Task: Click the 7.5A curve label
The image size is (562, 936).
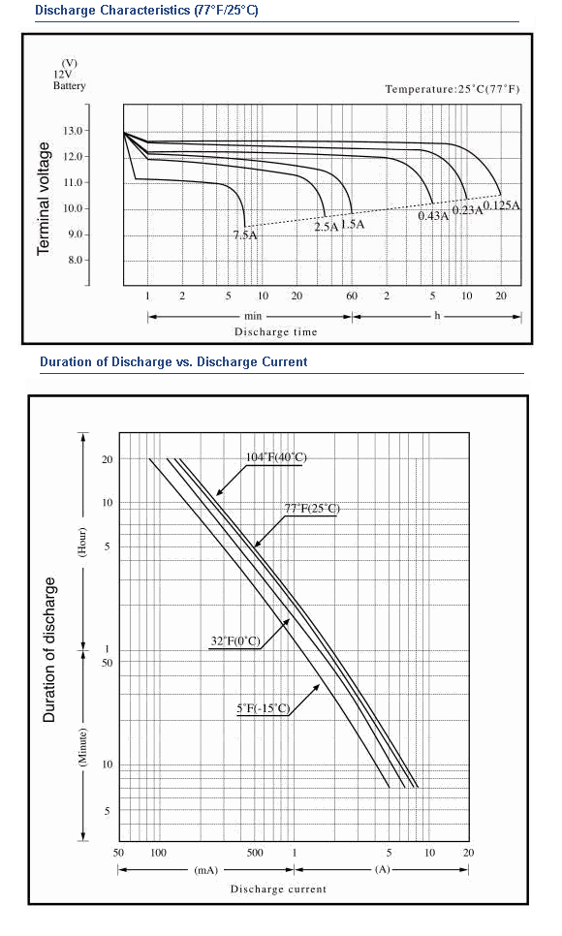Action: point(245,234)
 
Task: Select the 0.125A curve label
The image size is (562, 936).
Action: point(501,205)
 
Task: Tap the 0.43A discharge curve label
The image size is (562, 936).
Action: point(433,215)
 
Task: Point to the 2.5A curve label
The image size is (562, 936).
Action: point(327,227)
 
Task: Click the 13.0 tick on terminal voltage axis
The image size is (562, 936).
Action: point(80,130)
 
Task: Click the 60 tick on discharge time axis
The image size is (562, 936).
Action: point(352,296)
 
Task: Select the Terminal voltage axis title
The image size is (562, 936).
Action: point(43,199)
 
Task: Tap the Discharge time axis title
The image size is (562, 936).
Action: point(275,332)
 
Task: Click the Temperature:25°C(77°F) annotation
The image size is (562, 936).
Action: point(453,89)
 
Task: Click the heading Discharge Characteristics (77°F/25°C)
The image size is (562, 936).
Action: point(146,10)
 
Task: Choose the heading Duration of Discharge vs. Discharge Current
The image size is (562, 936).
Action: point(173,361)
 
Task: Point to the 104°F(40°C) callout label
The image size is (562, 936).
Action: point(276,457)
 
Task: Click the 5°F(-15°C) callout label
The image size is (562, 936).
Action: point(264,708)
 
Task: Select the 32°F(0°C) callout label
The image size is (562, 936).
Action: point(235,641)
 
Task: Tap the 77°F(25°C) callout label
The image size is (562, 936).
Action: point(311,509)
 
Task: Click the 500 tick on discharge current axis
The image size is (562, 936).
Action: point(255,853)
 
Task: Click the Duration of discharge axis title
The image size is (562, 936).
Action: point(49,650)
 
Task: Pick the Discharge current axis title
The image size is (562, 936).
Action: point(278,889)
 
